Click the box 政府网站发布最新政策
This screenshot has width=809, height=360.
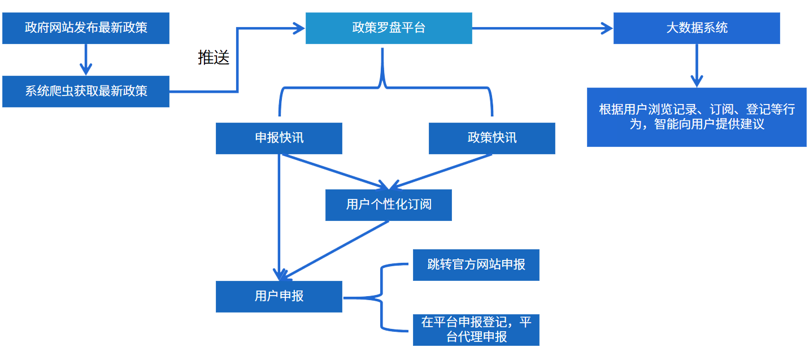[x=86, y=28]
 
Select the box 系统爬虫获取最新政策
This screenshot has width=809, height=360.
[x=86, y=91]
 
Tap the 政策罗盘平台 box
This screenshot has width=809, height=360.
[x=389, y=28]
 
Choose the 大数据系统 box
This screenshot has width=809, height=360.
[x=697, y=28]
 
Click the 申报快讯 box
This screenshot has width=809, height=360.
[x=279, y=138]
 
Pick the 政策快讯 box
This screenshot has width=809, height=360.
[x=492, y=138]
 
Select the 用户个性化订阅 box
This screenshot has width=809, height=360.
[x=389, y=205]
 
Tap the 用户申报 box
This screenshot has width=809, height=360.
[x=279, y=296]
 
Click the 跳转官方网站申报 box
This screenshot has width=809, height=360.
[x=476, y=264]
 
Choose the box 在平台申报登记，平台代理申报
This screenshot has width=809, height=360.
[x=476, y=329]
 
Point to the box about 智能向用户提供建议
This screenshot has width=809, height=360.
[x=697, y=117]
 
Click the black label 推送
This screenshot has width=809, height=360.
[x=214, y=58]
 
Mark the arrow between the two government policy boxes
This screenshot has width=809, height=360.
[x=86, y=59]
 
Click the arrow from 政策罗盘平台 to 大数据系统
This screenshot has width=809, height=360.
[x=542, y=28]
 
